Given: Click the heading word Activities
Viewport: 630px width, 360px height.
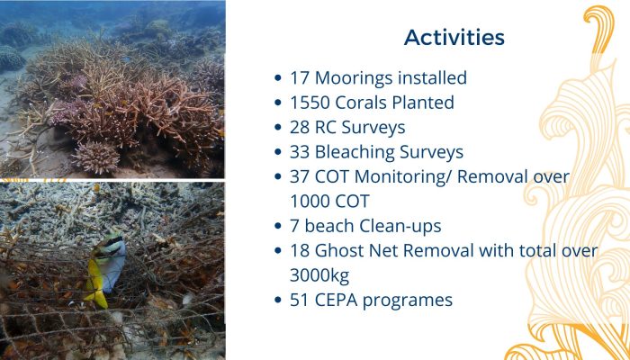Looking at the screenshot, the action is pos(454,38).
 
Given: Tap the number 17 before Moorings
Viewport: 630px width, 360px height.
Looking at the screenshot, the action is pos(300,78).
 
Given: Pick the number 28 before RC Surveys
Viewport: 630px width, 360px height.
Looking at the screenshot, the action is pos(300,128).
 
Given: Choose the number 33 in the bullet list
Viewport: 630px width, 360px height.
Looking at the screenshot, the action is pos(300,152).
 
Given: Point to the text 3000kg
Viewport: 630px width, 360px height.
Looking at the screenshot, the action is pos(319,276).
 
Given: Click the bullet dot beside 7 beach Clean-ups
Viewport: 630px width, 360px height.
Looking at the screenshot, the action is pos(277,226).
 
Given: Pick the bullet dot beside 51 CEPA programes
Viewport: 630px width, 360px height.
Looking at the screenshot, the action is pos(277,300).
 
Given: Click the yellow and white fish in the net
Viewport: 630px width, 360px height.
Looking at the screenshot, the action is pos(105,270).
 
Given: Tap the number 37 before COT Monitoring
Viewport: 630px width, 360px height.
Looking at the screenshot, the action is pos(300,177).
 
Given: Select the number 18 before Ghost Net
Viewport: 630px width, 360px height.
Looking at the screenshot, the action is pos(300,251).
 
